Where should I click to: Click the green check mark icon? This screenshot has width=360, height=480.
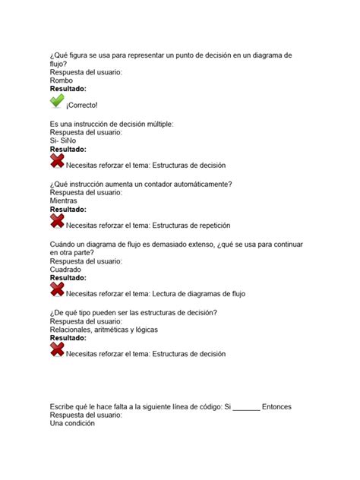coord(57,101)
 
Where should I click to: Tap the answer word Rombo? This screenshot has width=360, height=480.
coord(62,80)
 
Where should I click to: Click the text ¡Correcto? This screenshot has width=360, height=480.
coord(82,104)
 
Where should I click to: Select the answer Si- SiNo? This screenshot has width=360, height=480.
coord(66,141)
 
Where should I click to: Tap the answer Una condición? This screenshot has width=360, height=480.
coord(72,424)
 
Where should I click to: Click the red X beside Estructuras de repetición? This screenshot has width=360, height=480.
coord(57,221)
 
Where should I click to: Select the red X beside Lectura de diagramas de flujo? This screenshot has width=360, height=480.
coord(57,290)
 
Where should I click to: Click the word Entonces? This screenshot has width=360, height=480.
coord(276,406)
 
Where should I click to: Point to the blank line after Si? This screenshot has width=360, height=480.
coord(246,408)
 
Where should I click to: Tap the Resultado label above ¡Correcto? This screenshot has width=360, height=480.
coord(68,89)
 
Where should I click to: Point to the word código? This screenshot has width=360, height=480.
coord(202,406)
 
